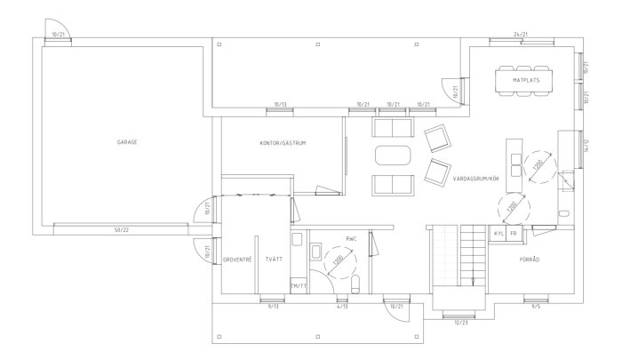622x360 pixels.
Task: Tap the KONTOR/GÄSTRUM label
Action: coord(283,142)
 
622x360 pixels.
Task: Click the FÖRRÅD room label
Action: coord(530,259)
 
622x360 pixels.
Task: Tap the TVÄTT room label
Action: coord(273,259)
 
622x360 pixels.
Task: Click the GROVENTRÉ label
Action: coord(237,259)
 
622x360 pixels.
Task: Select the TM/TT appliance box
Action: coord(299,285)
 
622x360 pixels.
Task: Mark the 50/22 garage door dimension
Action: coord(121,229)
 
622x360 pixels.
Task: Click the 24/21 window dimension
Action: coord(521,34)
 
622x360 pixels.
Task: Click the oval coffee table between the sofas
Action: coord(394,156)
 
